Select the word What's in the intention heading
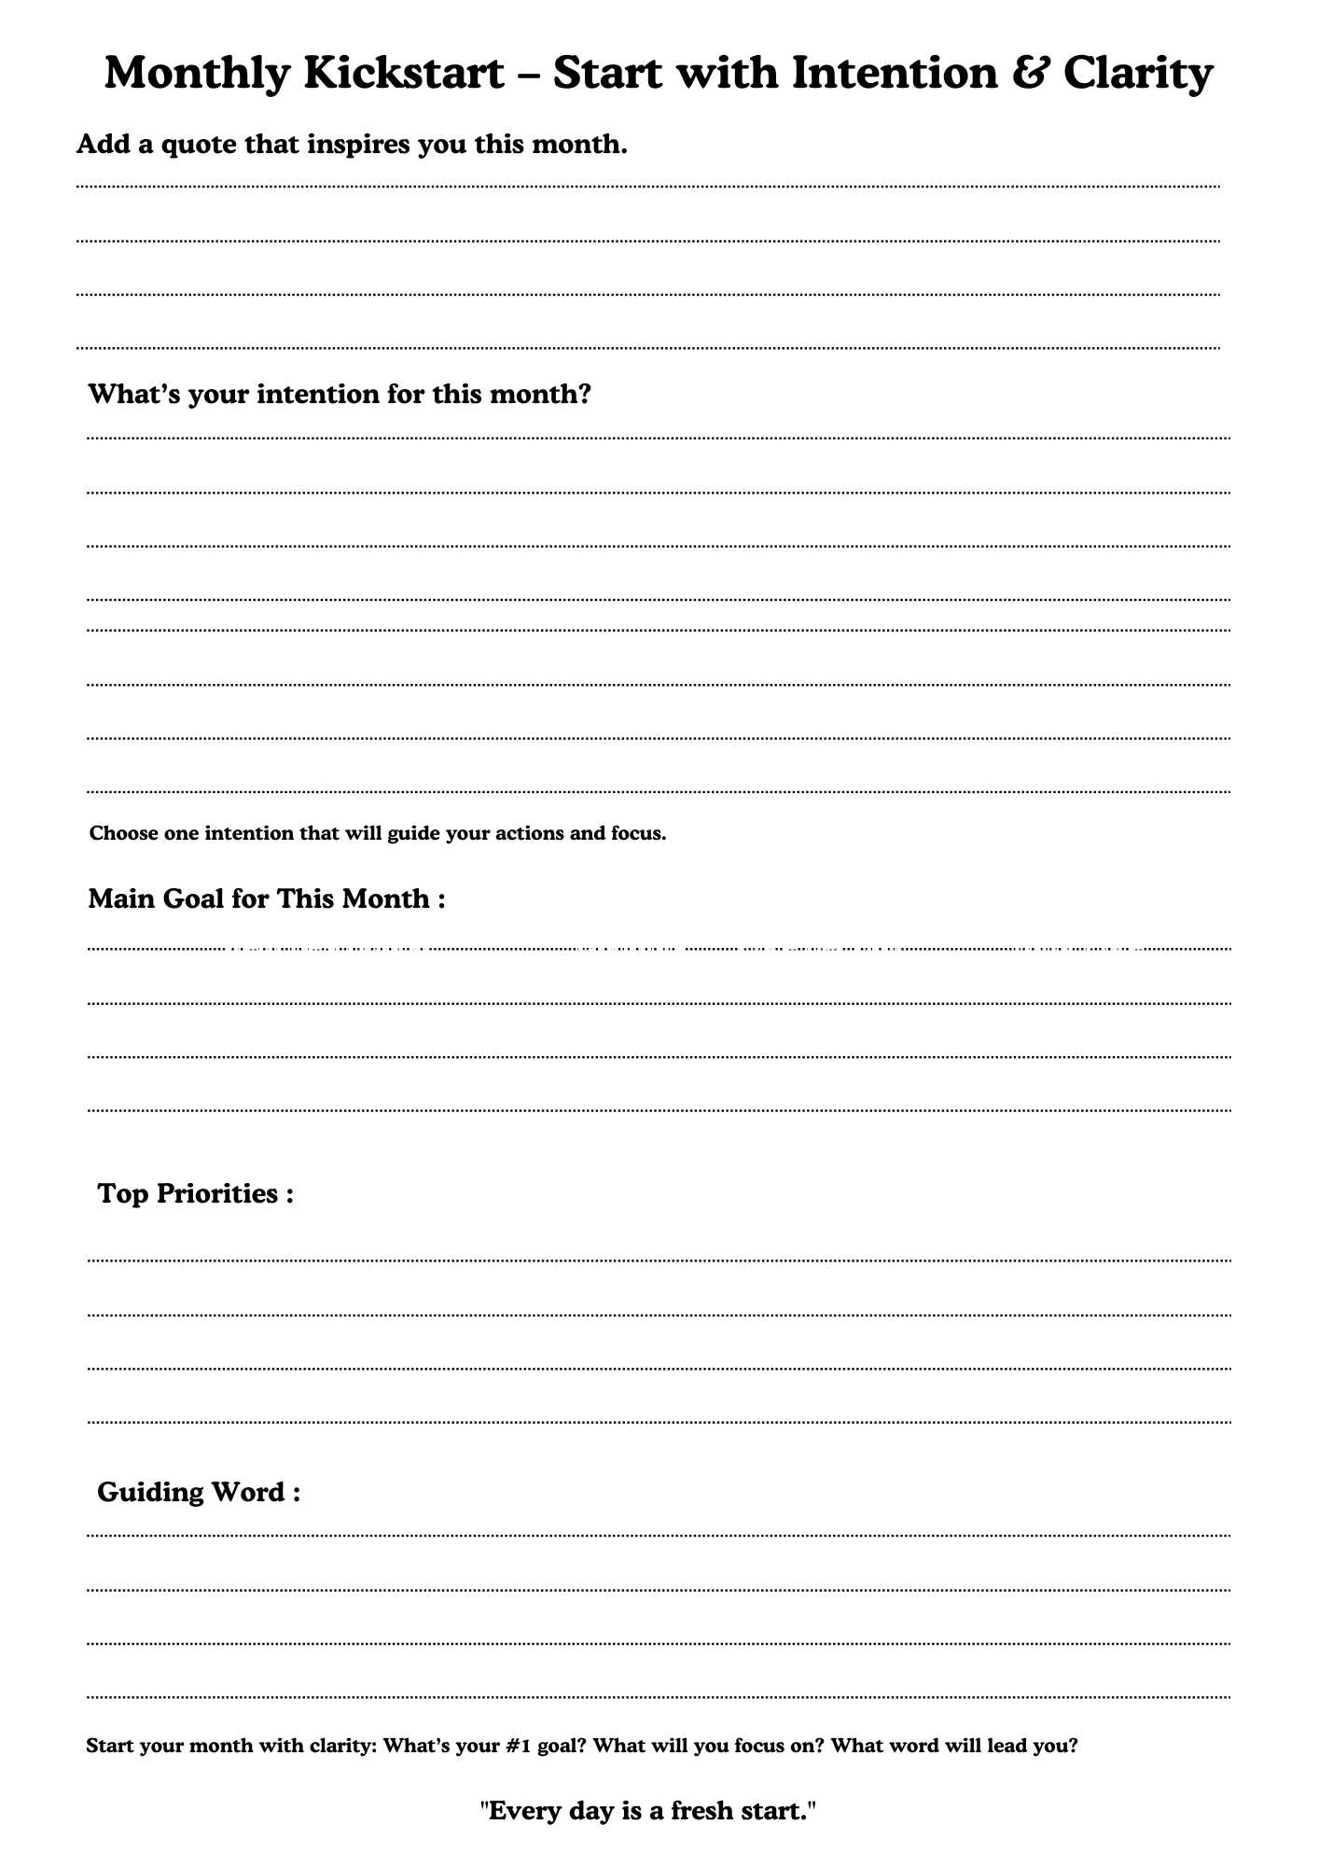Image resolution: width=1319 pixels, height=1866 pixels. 133,394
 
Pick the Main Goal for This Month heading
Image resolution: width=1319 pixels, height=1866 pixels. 266,898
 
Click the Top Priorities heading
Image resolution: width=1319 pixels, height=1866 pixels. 196,1193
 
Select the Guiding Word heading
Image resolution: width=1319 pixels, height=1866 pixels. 199,1492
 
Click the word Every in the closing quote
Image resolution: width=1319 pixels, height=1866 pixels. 521,1811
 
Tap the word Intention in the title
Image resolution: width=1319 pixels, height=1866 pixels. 895,73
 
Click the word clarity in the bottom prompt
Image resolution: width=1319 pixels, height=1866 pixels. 341,1745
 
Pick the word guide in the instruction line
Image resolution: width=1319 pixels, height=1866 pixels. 414,833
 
